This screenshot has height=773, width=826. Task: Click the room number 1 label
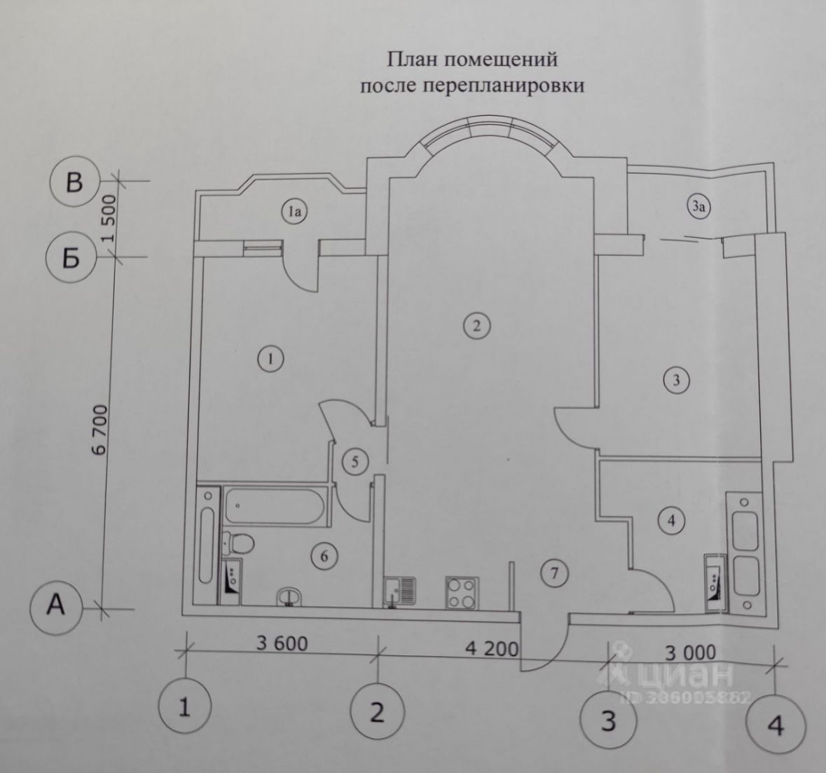coord(270,360)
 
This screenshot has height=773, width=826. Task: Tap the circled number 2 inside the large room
coord(476,325)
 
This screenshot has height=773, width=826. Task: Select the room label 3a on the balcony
coord(698,206)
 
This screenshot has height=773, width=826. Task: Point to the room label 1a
coord(295,211)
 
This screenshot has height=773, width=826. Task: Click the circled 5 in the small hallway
coord(355,462)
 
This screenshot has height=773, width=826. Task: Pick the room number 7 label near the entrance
coord(553,574)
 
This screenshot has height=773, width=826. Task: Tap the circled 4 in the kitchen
coord(671,521)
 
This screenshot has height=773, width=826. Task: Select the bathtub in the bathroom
coord(274,505)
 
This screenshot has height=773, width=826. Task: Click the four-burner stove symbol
coord(462,591)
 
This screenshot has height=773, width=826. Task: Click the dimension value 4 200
coord(493,648)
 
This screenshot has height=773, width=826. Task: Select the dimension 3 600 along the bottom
coord(282,642)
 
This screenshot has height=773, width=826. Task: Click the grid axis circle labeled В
coord(74,183)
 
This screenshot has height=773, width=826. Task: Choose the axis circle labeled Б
coord(71,259)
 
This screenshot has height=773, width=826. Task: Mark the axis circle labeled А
coord(56,606)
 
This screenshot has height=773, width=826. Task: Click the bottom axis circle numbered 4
coord(775,726)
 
